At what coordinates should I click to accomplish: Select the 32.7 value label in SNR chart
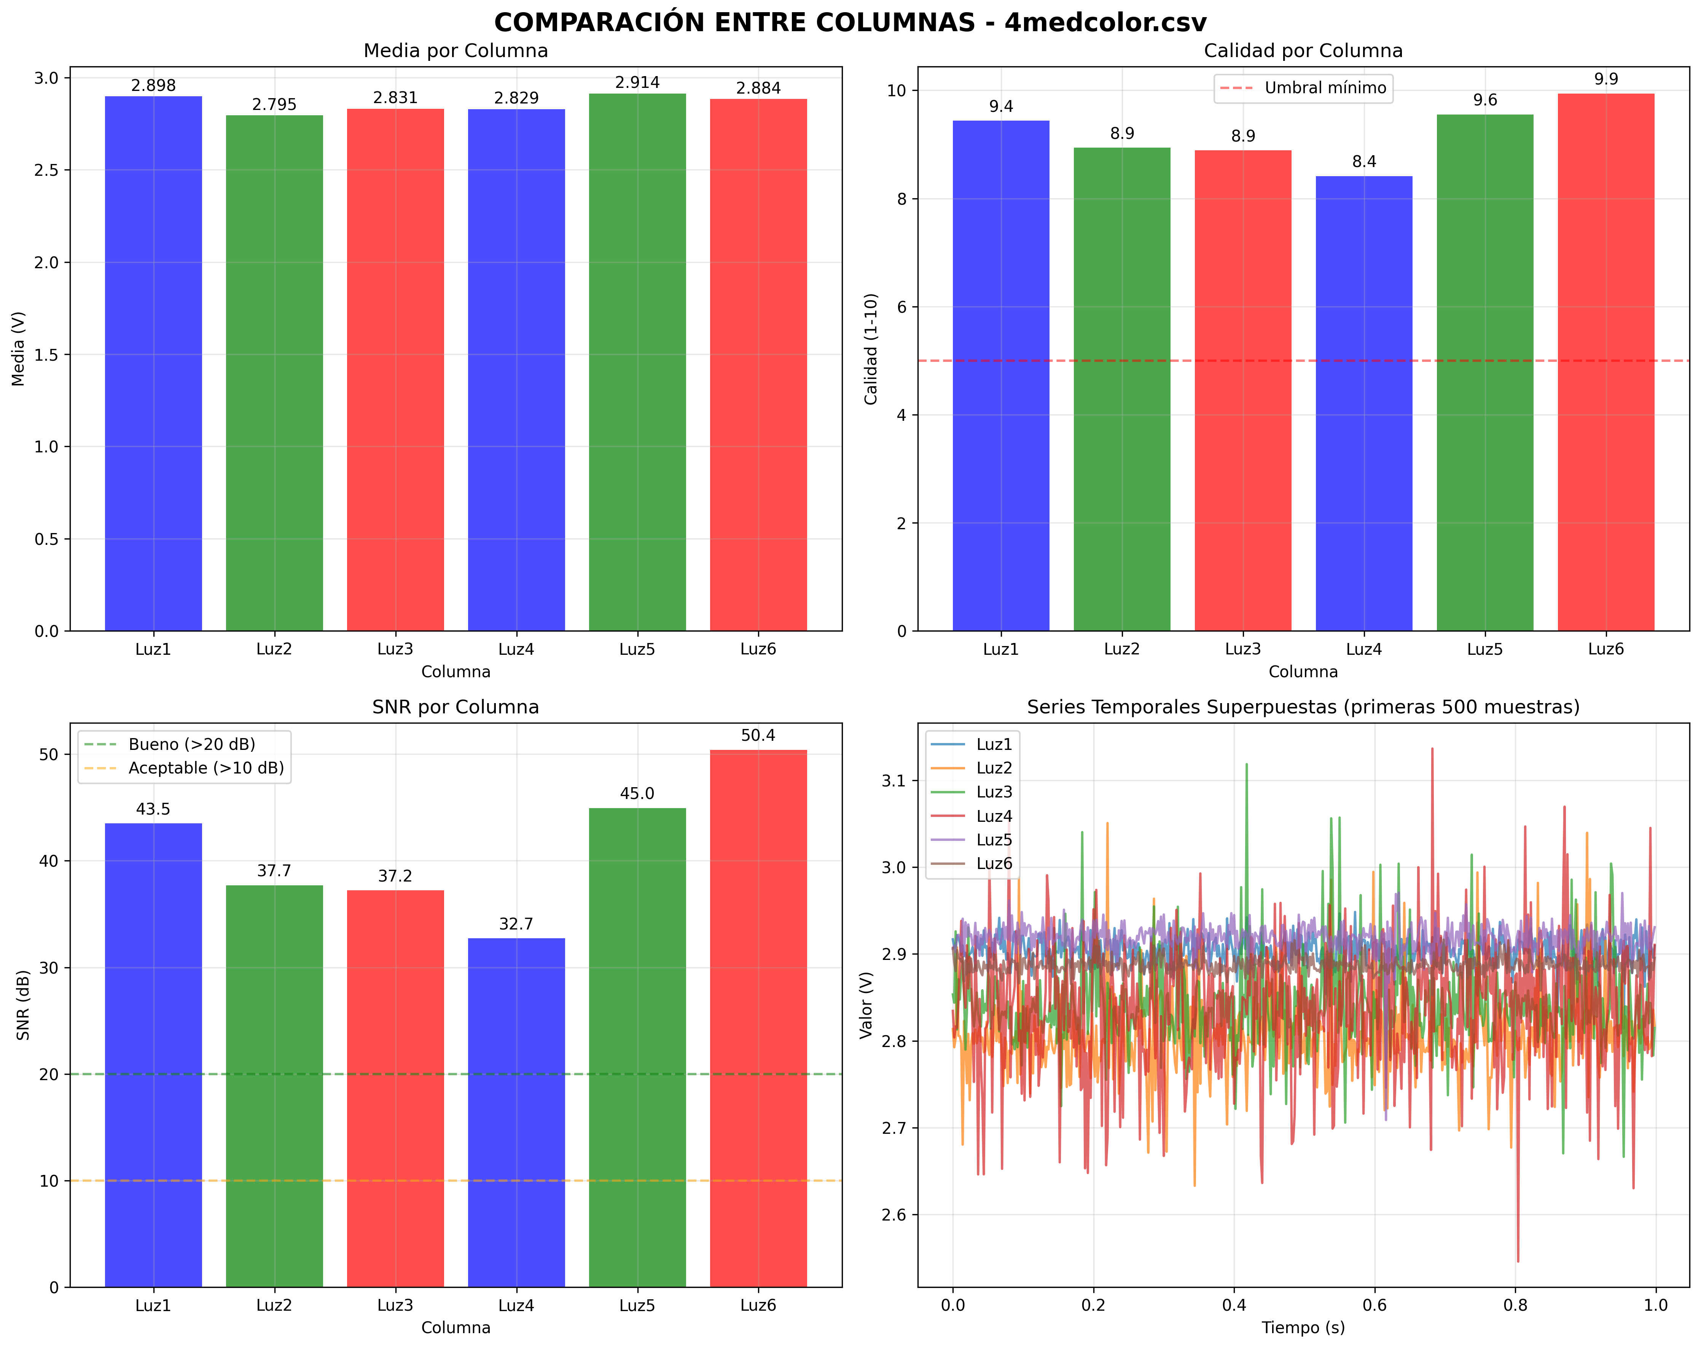tap(516, 924)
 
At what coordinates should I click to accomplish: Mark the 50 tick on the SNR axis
tap(49, 755)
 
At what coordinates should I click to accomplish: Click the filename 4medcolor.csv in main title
tap(1105, 22)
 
